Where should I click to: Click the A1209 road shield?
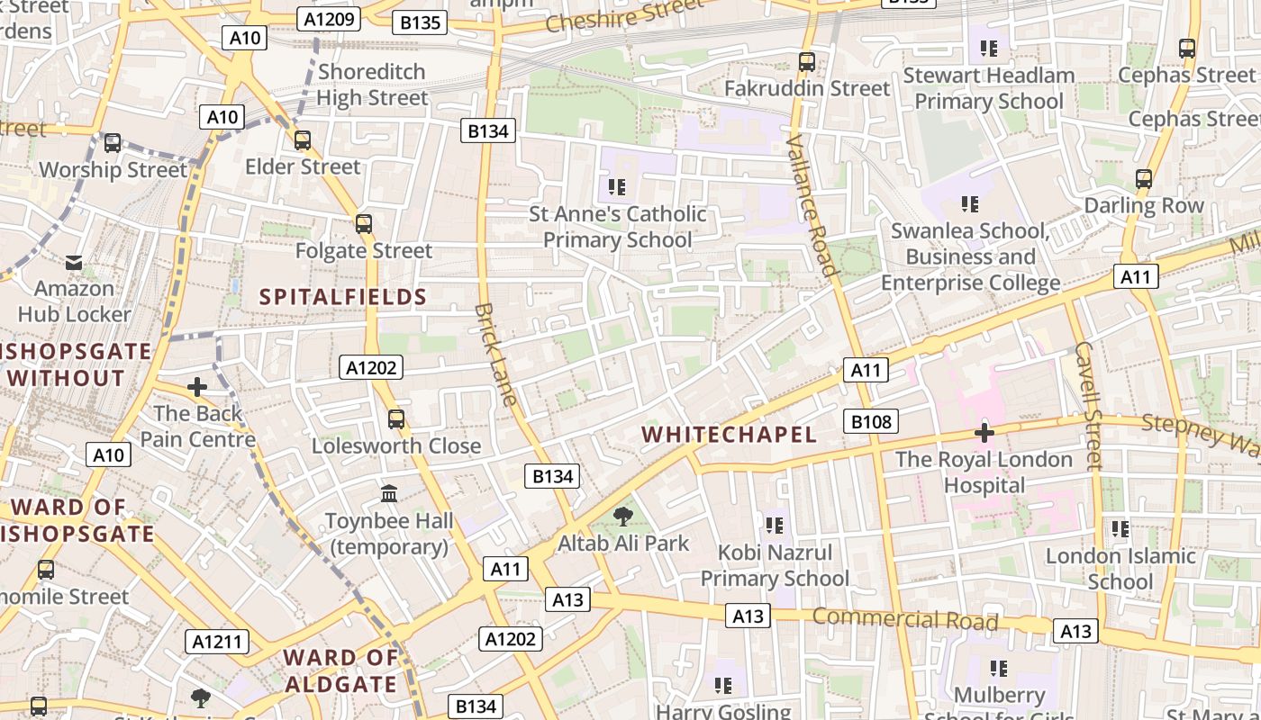click(331, 19)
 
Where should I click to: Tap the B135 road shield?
click(420, 22)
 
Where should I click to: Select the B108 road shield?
click(871, 421)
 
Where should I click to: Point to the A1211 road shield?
click(217, 642)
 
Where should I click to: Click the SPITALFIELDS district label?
click(343, 297)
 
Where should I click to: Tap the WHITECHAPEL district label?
click(729, 435)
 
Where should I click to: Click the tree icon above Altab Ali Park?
click(622, 517)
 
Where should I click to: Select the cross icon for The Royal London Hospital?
click(984, 433)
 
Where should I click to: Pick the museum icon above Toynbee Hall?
click(389, 494)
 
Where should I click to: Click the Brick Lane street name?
click(497, 355)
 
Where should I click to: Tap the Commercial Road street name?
click(905, 619)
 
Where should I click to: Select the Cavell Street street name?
click(1088, 405)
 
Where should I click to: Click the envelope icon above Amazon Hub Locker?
click(74, 263)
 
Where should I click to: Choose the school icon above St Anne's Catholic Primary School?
click(617, 187)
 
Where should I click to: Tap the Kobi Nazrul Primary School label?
click(775, 565)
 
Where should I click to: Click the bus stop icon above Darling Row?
click(1144, 179)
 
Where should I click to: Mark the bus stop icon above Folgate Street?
click(364, 224)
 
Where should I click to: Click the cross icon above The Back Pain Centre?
click(197, 388)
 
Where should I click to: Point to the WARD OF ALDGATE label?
click(341, 670)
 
